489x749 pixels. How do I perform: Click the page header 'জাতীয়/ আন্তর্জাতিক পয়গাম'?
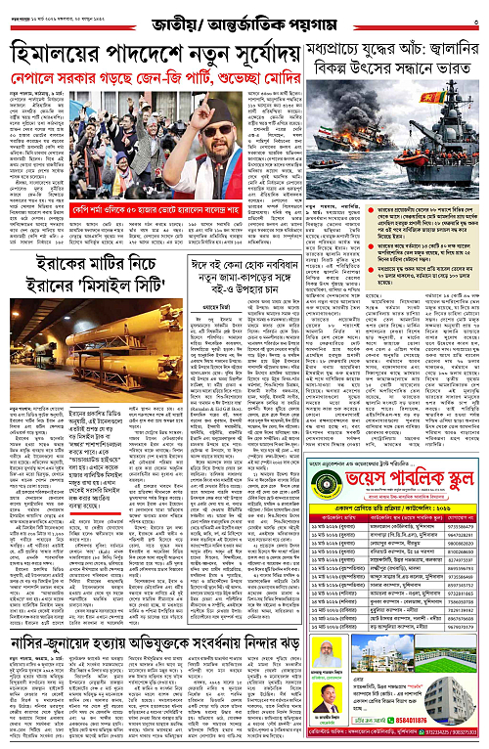click(244, 17)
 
